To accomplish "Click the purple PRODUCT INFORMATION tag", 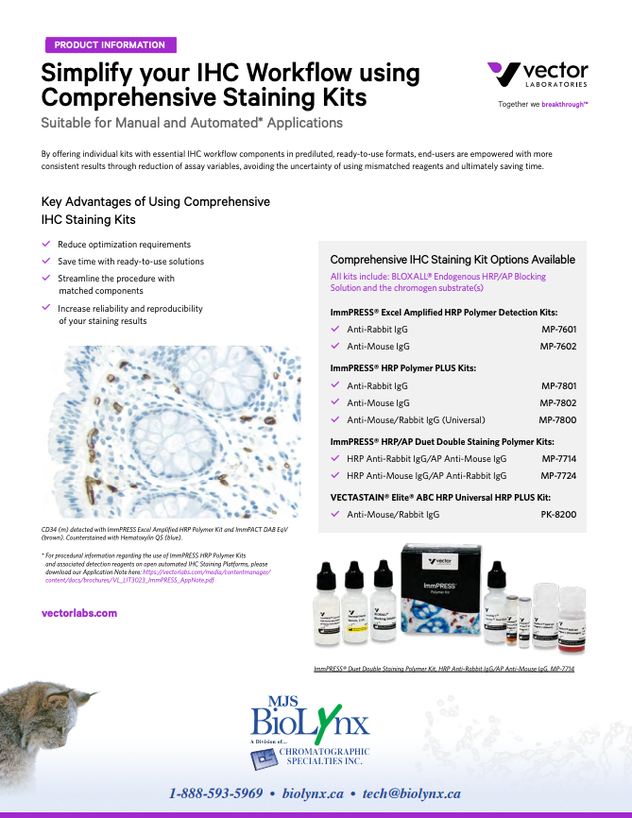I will coord(110,44).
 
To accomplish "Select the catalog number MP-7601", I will coord(558,330).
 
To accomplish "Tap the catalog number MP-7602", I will coord(558,347).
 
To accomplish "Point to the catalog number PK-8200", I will coord(558,515).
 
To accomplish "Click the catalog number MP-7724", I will coord(558,476).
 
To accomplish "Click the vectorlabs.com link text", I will coord(79,613).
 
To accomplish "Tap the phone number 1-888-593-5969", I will coord(215,793).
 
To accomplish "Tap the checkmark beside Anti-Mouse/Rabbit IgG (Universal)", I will coord(335,419).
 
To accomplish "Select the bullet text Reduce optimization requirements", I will coord(124,244).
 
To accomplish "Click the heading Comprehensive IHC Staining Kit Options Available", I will coord(453,260).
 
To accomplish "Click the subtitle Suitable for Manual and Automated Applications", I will coord(192,123).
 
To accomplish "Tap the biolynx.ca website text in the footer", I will coord(313,793).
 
